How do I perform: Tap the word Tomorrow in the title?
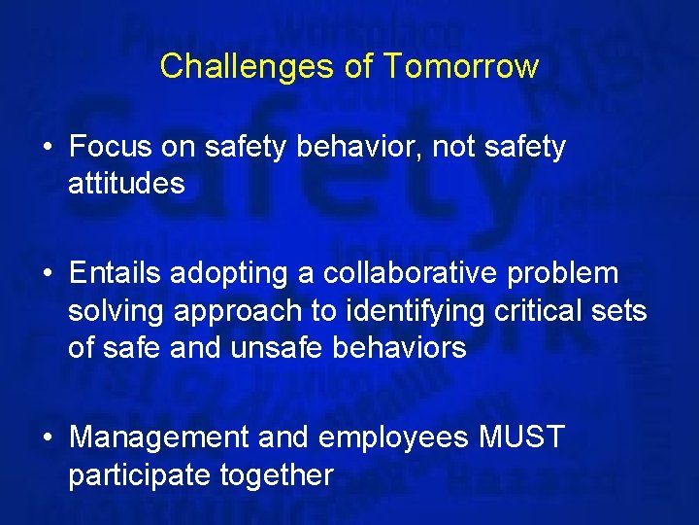(460, 66)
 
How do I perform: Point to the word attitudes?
(126, 183)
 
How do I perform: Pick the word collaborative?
(401, 274)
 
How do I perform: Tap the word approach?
(243, 312)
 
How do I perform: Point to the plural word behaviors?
(398, 348)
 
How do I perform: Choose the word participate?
(140, 475)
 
